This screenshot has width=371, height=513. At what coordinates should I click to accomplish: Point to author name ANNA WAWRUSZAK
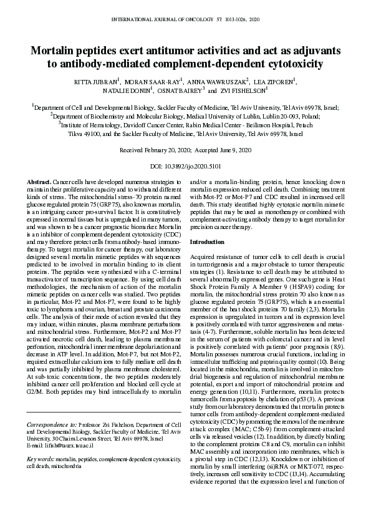[x=218, y=81]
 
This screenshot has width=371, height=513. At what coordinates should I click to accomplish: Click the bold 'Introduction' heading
[x=206, y=242]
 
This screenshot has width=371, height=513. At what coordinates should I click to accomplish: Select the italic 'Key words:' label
[x=40, y=459]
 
